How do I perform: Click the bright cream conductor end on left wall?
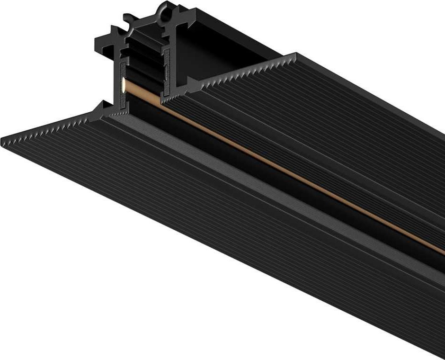pyautogui.click(x=122, y=86)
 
